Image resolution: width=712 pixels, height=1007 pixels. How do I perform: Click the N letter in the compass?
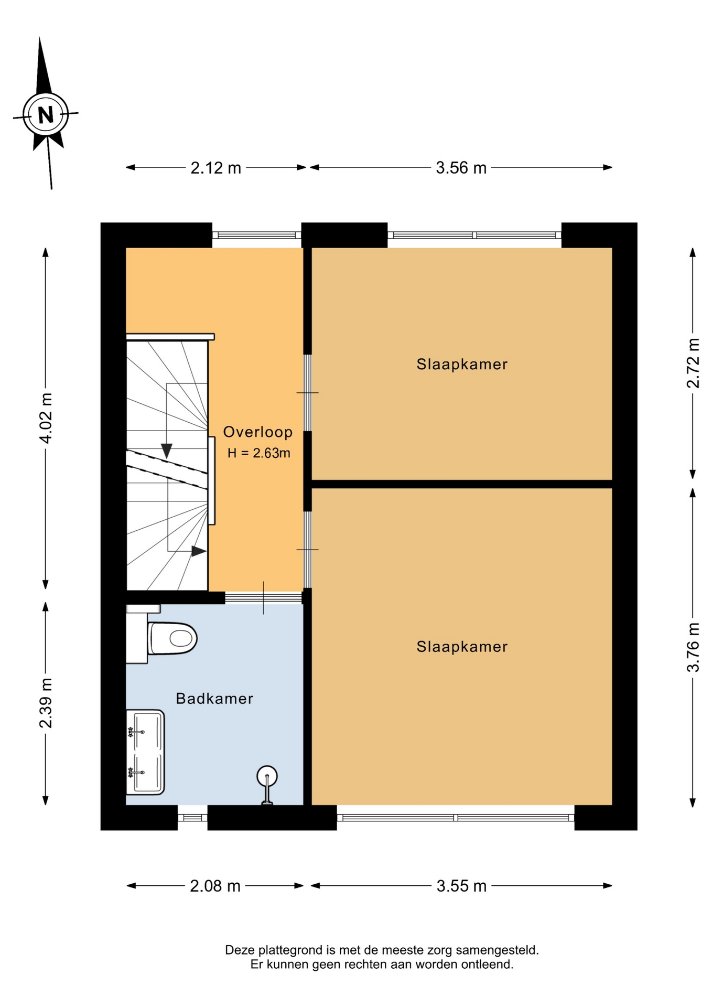click(46, 114)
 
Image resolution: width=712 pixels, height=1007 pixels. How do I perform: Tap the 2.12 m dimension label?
click(215, 168)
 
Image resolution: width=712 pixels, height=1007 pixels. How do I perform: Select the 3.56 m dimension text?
click(461, 168)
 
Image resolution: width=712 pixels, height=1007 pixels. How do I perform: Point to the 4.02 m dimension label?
click(46, 418)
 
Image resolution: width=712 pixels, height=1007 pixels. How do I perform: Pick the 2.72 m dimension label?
click(693, 363)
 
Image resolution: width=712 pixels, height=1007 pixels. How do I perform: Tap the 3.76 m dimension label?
click(693, 647)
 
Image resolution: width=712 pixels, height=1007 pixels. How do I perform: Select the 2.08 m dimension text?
click(215, 886)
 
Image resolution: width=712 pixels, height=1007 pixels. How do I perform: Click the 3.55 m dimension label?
click(461, 886)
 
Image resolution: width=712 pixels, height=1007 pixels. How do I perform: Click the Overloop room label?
click(258, 432)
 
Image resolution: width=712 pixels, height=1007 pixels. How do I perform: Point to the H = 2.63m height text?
click(258, 453)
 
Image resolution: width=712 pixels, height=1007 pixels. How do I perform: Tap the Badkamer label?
click(214, 699)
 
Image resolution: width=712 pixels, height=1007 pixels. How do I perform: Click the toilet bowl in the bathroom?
click(172, 638)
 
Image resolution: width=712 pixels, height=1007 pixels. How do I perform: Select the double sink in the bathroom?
click(145, 752)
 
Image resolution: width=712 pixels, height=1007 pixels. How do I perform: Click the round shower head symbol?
click(267, 776)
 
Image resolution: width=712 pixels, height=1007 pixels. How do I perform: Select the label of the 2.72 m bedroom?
click(462, 364)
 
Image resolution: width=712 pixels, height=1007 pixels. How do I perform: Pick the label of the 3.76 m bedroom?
click(462, 647)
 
